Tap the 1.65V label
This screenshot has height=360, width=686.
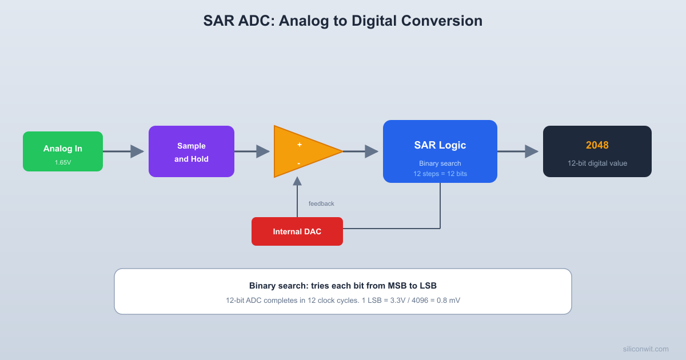[63, 162]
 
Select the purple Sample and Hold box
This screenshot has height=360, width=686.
[192, 151]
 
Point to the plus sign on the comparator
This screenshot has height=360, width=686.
[299, 145]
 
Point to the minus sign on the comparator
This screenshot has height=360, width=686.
[299, 163]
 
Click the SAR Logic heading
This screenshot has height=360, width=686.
[440, 145]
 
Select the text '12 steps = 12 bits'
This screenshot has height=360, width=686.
[440, 173]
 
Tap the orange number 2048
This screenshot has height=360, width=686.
[597, 145]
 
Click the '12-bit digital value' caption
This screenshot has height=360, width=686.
[597, 163]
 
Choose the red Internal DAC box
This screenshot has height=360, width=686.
[297, 231]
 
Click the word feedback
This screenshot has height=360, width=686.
[321, 203]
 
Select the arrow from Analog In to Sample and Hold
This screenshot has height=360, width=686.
[123, 151]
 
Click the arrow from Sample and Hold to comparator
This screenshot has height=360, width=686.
[252, 151]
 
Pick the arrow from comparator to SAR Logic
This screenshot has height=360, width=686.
[361, 151]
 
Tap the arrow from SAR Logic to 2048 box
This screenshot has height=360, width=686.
[518, 151]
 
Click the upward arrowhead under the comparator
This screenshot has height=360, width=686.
[297, 181]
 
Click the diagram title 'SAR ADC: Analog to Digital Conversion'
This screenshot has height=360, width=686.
[343, 21]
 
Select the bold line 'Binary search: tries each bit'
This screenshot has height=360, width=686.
[343, 286]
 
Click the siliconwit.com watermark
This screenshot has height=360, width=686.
[645, 349]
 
